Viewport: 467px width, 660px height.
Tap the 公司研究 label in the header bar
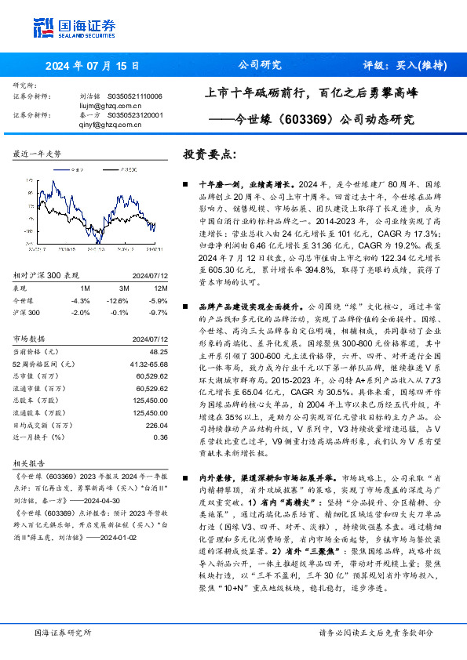tap(260, 66)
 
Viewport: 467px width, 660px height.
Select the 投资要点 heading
tap(210, 155)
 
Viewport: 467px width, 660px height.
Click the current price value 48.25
tap(159, 353)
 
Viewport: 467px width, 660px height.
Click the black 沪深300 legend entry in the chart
tap(112, 169)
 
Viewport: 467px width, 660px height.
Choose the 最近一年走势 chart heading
tap(38, 154)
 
